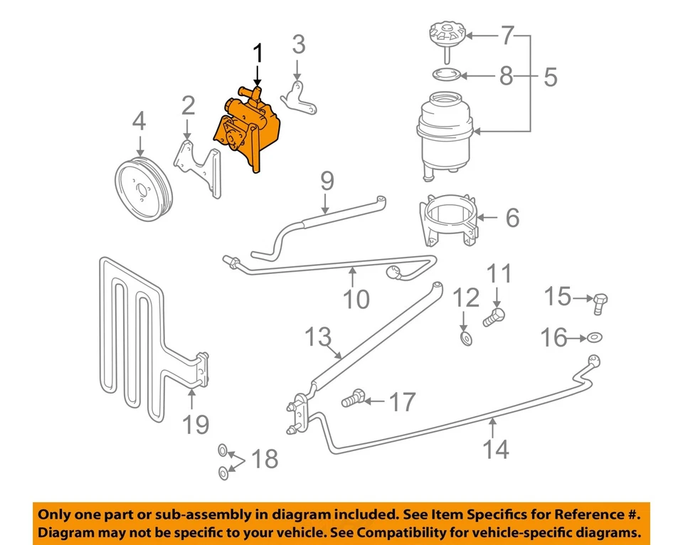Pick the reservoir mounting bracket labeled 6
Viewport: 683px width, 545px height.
450,221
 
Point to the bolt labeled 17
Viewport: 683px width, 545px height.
354,400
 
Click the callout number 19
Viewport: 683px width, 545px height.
196,424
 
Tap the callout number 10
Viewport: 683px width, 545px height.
356,298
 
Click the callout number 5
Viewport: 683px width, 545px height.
550,76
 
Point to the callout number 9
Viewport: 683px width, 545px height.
327,181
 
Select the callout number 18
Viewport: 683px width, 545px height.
265,459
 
